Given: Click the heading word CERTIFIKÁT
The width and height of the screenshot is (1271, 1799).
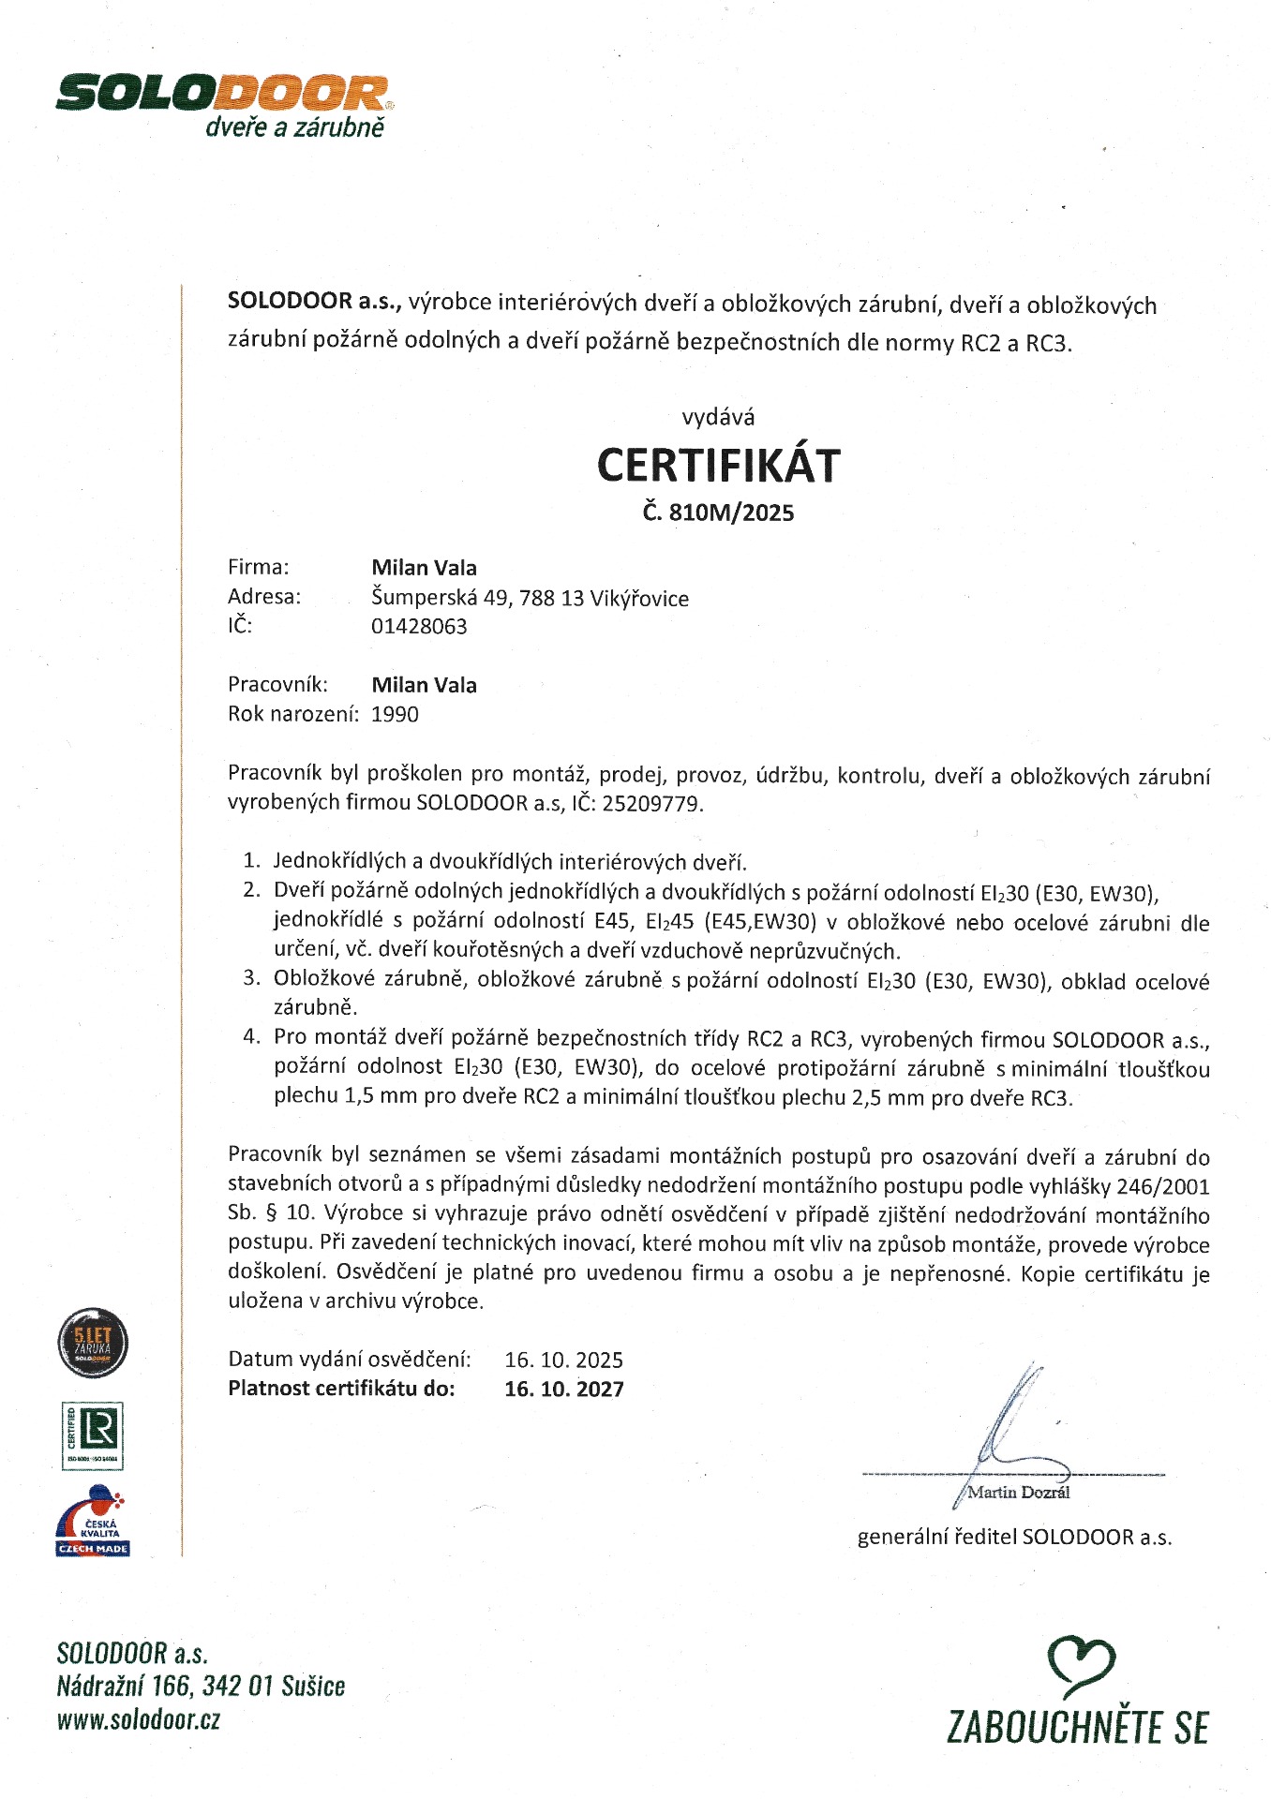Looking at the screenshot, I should (x=719, y=466).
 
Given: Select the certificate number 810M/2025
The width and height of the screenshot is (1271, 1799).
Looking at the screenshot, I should (x=732, y=513).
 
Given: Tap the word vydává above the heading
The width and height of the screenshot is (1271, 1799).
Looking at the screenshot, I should (x=718, y=417).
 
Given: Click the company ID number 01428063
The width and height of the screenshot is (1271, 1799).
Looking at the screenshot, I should (x=419, y=627).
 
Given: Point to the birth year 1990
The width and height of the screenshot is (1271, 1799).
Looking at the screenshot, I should (x=395, y=715).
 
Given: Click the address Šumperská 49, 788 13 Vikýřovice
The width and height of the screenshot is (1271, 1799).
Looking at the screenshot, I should (x=530, y=598).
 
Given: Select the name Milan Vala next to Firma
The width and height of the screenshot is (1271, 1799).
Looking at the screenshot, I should (x=424, y=568).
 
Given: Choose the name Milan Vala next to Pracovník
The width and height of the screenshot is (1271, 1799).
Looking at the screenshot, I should (x=424, y=686).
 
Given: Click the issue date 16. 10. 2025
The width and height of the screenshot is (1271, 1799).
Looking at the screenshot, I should (x=563, y=1360).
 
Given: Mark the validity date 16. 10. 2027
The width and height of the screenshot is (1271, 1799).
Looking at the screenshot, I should (x=563, y=1390).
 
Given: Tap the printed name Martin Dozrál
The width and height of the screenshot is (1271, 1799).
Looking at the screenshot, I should (x=1018, y=1493).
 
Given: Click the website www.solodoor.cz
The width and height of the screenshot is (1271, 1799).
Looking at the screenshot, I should (x=139, y=1720).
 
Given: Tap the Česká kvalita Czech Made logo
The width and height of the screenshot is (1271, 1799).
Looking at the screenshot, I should (x=92, y=1522).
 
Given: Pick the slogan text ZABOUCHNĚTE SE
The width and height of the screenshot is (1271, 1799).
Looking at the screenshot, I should (x=1077, y=1727).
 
